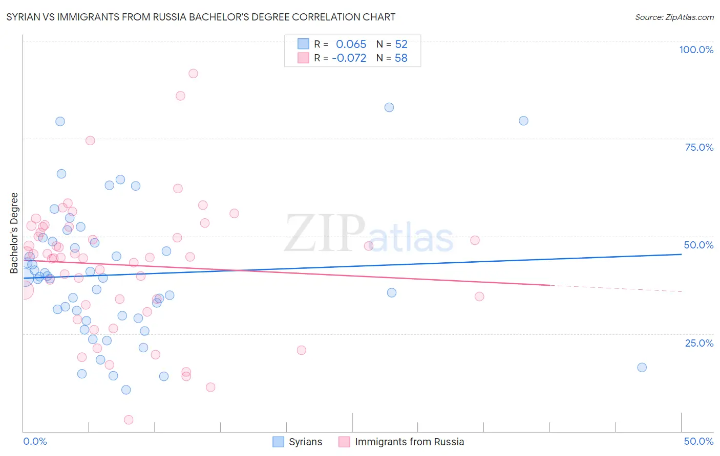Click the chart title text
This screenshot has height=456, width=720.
tap(201, 17)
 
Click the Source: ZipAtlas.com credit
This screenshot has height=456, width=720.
tap(674, 17)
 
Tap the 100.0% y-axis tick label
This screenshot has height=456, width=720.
tap(696, 50)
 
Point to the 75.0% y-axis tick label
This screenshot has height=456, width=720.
tap(699, 147)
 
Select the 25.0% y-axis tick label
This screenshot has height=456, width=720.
tap(699, 343)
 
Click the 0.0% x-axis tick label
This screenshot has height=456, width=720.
tap(35, 441)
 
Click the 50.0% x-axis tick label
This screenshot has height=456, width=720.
tap(698, 441)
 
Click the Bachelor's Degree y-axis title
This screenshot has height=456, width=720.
tap(14, 233)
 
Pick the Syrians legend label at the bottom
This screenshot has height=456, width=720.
tap(305, 442)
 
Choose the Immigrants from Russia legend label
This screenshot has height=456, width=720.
tap(409, 442)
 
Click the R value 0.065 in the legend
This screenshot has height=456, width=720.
tap(351, 44)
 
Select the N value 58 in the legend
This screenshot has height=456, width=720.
tap(401, 58)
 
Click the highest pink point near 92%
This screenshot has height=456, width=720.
tap(193, 74)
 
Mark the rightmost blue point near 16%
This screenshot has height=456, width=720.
tap(642, 368)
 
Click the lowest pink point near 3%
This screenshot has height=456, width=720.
tap(129, 420)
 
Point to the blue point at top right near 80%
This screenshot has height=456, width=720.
tap(523, 121)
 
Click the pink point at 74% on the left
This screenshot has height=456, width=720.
tap(90, 141)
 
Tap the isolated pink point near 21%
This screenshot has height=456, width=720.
tap(301, 350)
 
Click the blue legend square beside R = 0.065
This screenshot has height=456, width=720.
tap(304, 44)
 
